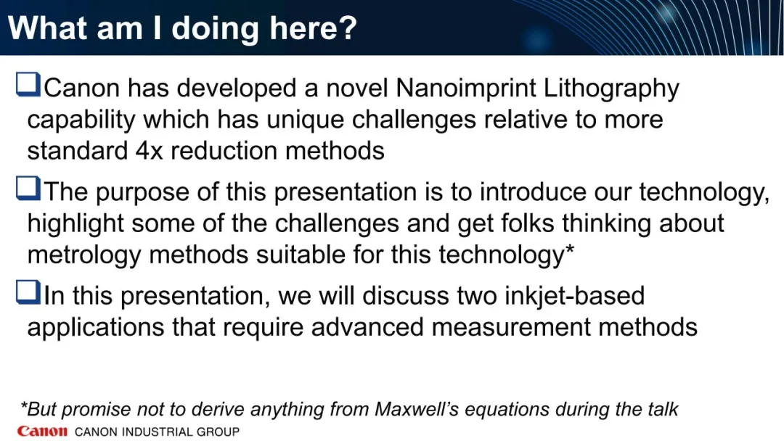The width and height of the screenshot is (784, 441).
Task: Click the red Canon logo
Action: [x=42, y=431]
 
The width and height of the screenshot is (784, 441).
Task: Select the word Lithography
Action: [x=611, y=89]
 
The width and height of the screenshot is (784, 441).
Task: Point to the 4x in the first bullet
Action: [x=149, y=151]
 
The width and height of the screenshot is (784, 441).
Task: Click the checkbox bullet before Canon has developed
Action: [x=28, y=84]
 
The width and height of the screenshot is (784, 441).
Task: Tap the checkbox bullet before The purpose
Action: [x=28, y=189]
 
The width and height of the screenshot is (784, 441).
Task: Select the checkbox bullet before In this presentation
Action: [x=28, y=292]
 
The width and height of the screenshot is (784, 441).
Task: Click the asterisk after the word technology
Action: [x=569, y=248]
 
